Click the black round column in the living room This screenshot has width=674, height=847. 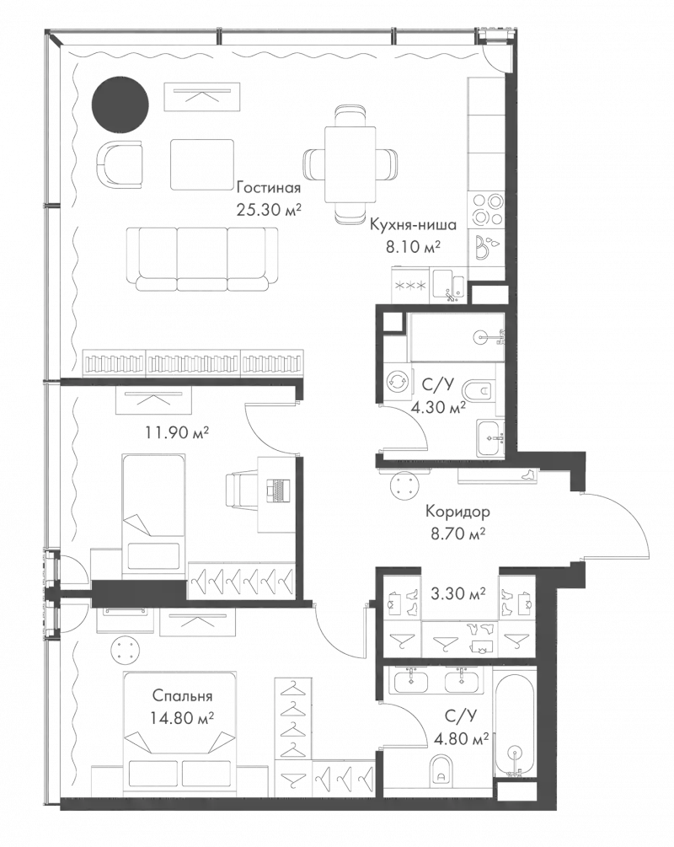pos(120,105)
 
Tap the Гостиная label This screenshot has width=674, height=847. pos(269,188)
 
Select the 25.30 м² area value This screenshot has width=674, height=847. pos(269,209)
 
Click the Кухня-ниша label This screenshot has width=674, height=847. pos(413,225)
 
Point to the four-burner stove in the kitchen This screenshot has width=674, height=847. pos(485,209)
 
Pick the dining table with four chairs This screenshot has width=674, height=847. pos(350,164)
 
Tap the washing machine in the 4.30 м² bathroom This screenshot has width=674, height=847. pos(397,380)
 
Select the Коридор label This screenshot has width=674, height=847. pos(457,511)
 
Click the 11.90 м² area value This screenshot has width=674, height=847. pos(177,432)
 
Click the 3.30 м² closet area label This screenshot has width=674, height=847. pos(458,593)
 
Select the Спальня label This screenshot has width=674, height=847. pos(183,697)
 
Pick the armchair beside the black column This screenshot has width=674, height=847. pos(120,165)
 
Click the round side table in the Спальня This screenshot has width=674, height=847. pos(126,651)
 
